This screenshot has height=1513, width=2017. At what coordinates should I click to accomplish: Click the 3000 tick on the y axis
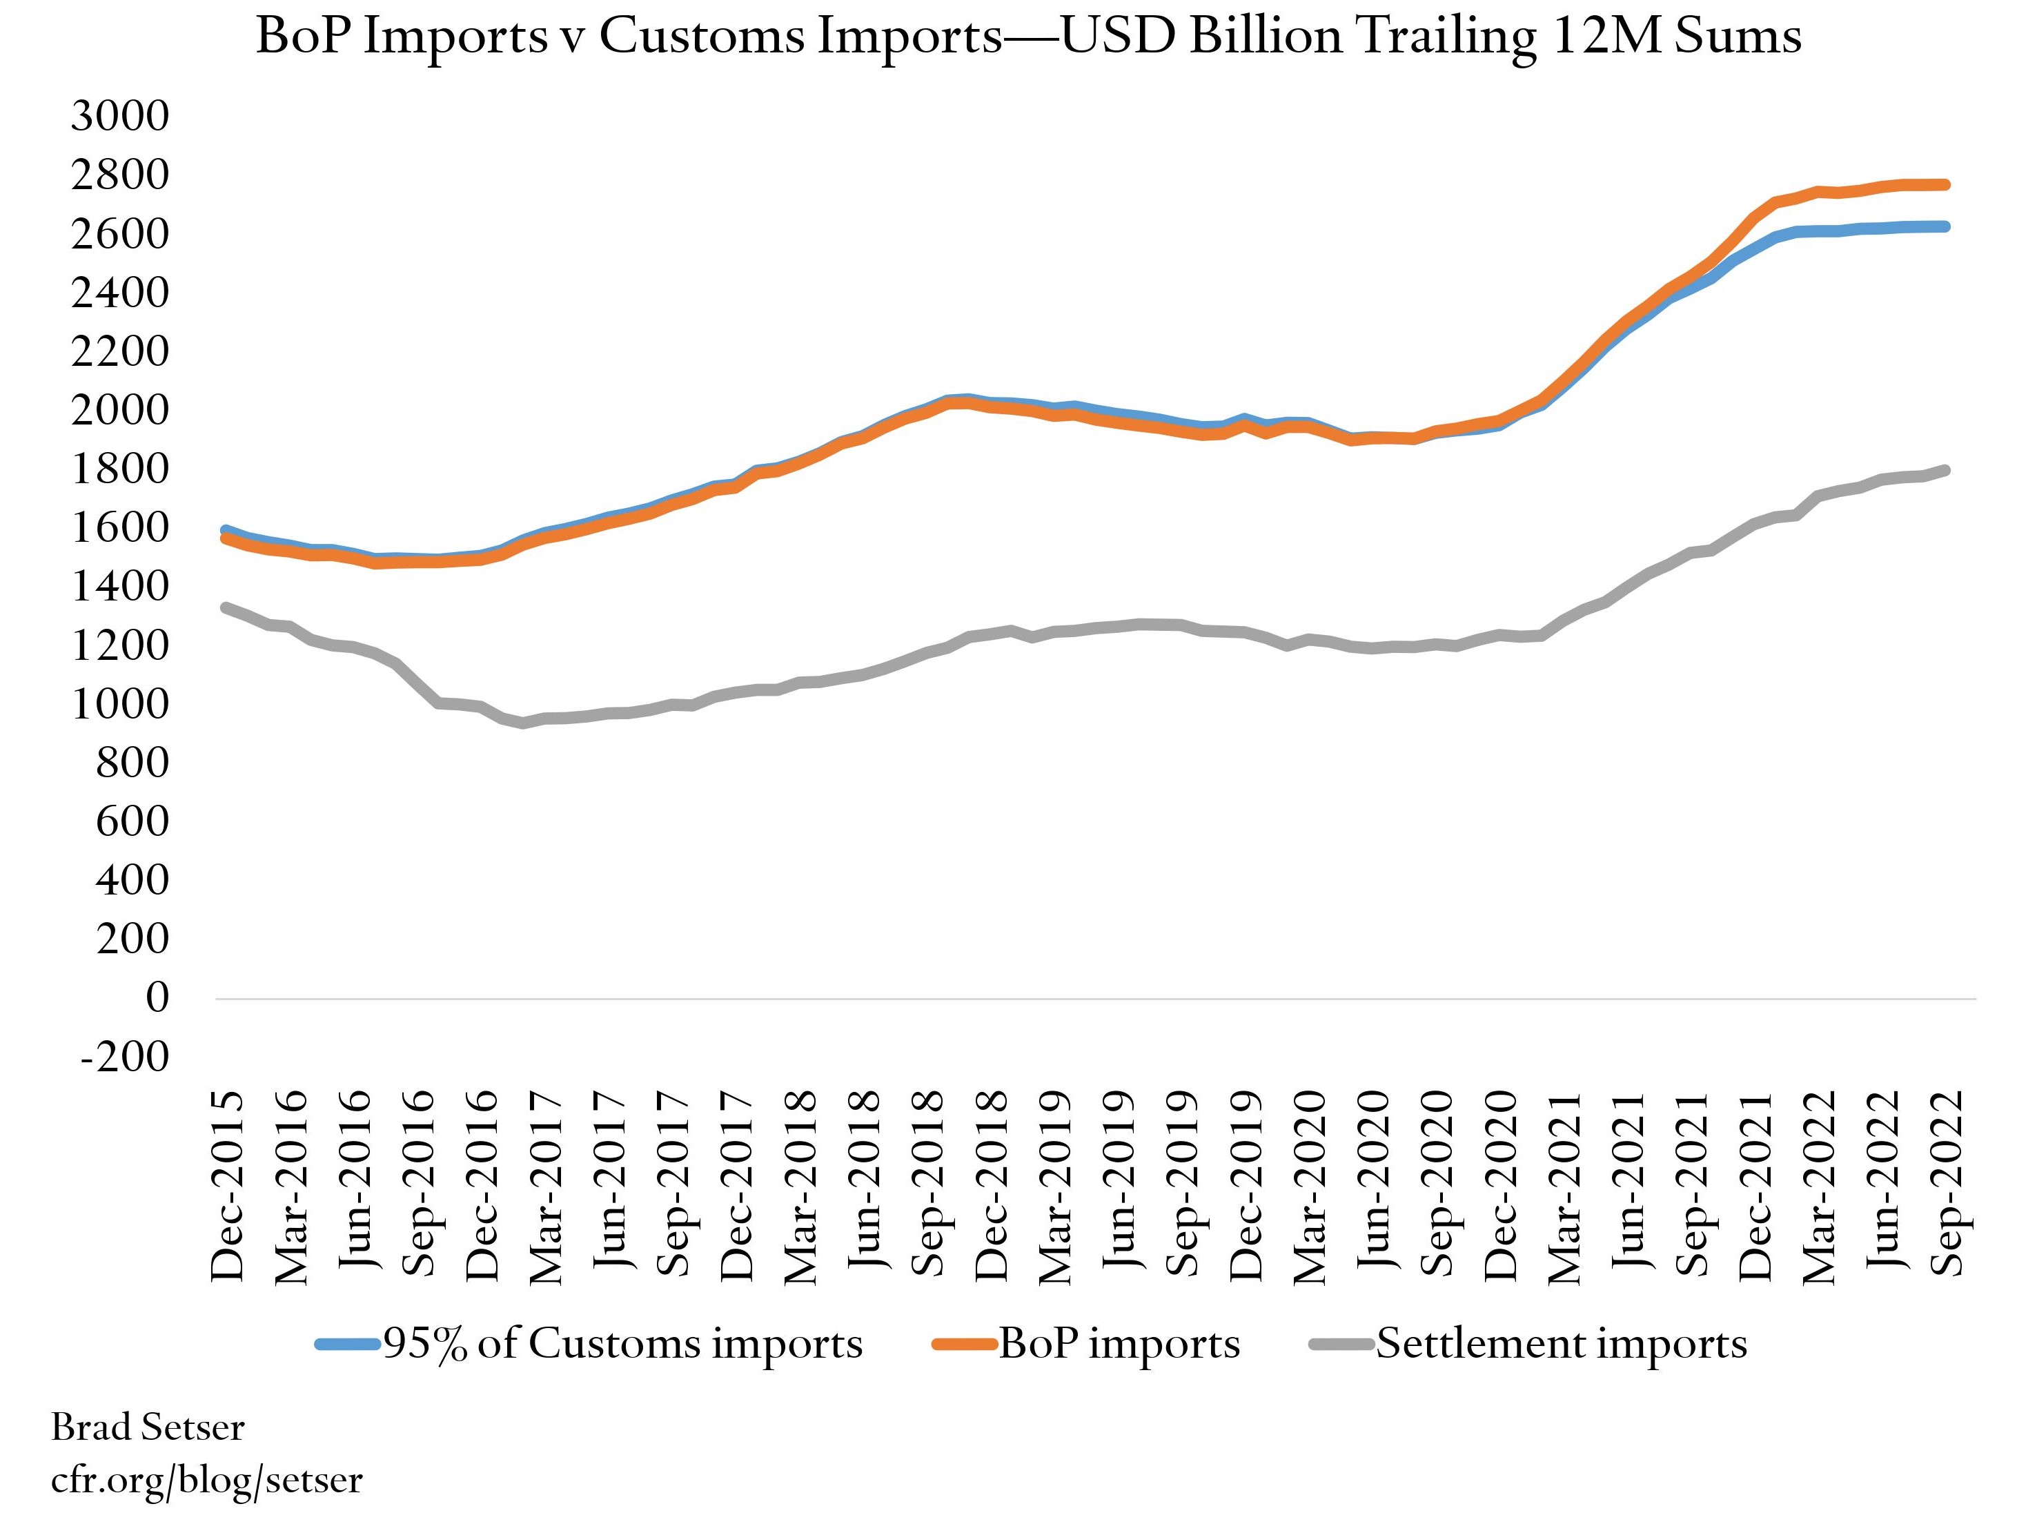pyautogui.click(x=119, y=116)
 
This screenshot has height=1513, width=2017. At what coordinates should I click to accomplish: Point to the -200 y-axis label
pyautogui.click(x=125, y=1057)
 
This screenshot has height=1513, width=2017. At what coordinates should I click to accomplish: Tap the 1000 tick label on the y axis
pyautogui.click(x=119, y=704)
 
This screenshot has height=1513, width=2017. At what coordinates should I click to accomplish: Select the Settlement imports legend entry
pyautogui.click(x=1561, y=1343)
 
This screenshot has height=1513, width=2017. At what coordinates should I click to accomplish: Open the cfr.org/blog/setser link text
pyautogui.click(x=206, y=1479)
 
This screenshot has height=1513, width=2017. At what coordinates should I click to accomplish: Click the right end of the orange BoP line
pyautogui.click(x=1946, y=184)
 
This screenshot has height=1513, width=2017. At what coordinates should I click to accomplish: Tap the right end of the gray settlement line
pyautogui.click(x=1946, y=469)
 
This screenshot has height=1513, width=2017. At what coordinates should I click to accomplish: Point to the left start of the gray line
pyautogui.click(x=225, y=607)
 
